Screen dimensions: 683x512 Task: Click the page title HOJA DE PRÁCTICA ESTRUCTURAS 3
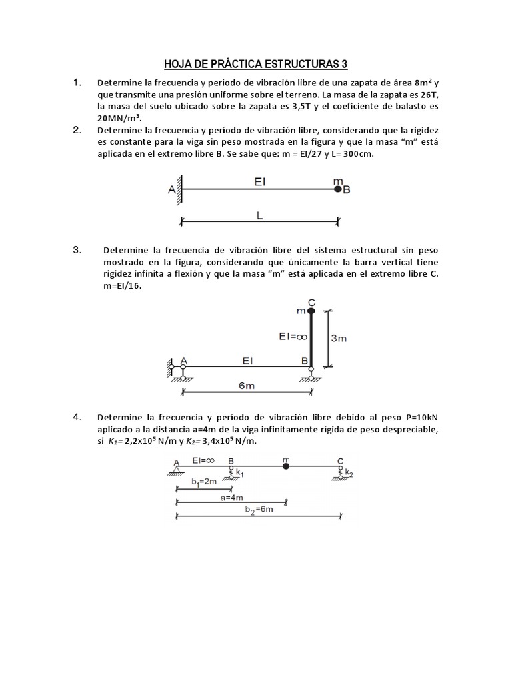(x=256, y=64)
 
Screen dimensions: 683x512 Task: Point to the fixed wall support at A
(x=179, y=190)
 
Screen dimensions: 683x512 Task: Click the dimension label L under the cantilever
(x=259, y=216)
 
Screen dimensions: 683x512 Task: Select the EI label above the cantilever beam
(x=259, y=181)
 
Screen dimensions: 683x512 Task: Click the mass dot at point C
(x=311, y=311)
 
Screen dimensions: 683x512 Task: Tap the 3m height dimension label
(x=339, y=338)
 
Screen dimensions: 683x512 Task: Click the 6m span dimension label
(x=247, y=386)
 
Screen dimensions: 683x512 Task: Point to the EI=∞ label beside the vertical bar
(x=292, y=337)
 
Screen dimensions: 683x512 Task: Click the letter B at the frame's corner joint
(x=304, y=360)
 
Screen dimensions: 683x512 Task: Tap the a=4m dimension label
(x=231, y=498)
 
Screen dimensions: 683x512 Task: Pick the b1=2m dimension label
(x=203, y=480)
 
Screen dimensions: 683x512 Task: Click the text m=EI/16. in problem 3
(x=123, y=285)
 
